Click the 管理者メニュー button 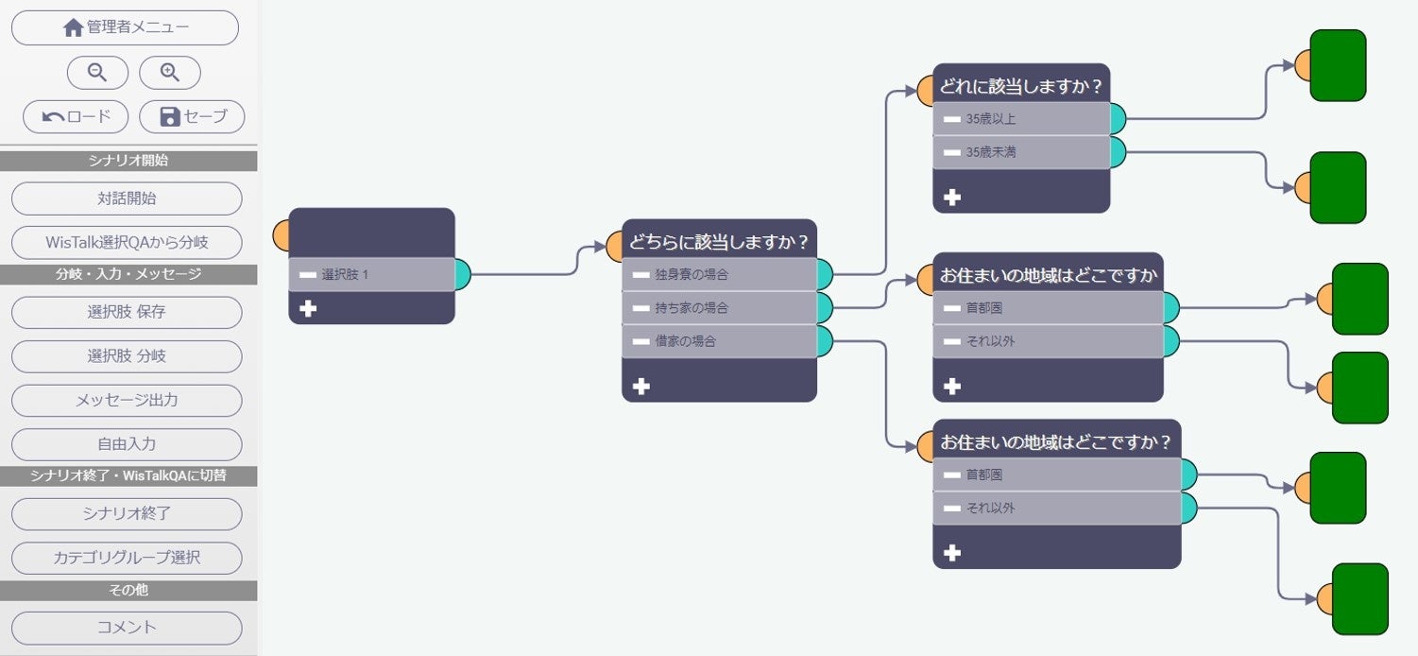[125, 27]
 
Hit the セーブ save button [192, 116]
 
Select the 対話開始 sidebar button [127, 199]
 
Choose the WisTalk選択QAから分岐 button [127, 242]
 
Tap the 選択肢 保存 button [127, 312]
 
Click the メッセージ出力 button [127, 400]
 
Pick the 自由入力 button [127, 444]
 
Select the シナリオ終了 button [127, 513]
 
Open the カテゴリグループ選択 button [127, 558]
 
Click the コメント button [127, 627]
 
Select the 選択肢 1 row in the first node [371, 274]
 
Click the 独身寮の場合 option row [719, 274]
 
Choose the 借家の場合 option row [719, 341]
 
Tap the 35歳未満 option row [1020, 151]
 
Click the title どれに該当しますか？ [1020, 86]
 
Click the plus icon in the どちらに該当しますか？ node [641, 386]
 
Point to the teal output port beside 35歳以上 [1118, 119]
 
